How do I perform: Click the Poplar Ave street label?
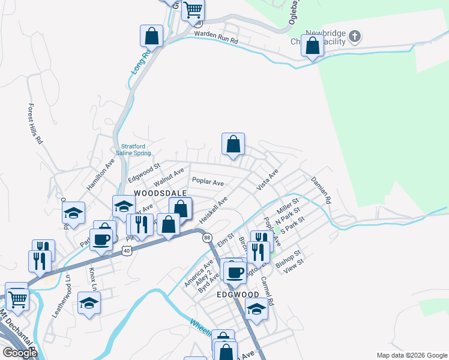point(208,181)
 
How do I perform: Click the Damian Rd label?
point(321,190)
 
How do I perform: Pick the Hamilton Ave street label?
point(100,175)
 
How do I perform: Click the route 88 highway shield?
point(207,238)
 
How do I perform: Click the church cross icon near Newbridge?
point(354,37)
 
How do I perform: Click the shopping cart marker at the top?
point(193,9)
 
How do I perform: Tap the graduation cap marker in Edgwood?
point(256,308)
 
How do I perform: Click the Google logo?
point(19,353)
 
